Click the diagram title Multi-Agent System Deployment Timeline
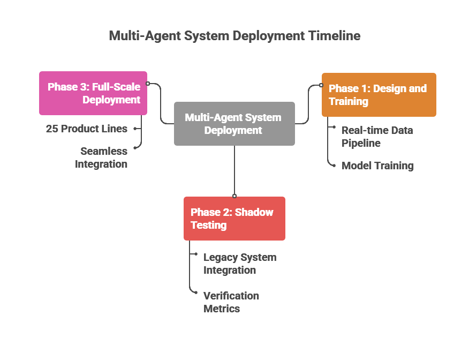234,36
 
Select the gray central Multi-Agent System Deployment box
234,124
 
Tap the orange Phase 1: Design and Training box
379,95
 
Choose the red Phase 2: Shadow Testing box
234,219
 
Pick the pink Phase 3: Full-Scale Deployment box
93,93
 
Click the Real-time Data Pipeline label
377,137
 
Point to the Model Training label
377,166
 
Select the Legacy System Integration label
239,264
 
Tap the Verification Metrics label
231,302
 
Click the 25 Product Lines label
87,129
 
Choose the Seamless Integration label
101,157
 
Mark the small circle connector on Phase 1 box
321,84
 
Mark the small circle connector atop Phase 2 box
234,196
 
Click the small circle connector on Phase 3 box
148,84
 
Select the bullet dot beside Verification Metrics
196,292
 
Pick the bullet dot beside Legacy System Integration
196,254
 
